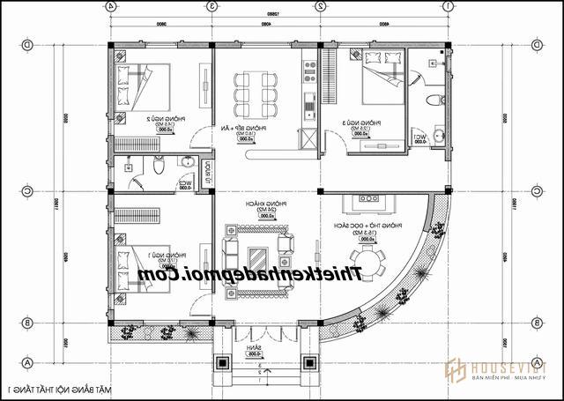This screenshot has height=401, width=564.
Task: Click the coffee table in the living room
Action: [258, 256]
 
